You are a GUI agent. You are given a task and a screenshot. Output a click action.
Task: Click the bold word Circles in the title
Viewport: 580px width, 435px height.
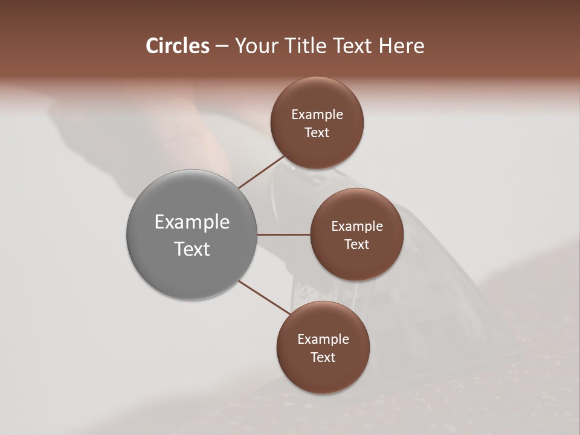click(178, 46)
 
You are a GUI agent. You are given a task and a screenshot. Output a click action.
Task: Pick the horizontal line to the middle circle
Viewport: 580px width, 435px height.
click(284, 234)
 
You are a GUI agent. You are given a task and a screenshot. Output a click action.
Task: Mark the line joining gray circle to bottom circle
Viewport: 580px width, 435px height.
click(264, 298)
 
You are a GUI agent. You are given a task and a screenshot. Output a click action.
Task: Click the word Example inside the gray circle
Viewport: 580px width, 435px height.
click(192, 222)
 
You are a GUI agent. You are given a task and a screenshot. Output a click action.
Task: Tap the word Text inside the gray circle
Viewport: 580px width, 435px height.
click(192, 249)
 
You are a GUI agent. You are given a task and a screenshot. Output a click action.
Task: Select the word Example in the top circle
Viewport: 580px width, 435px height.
click(317, 115)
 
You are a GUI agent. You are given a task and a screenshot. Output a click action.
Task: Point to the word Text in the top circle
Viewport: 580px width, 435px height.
click(317, 133)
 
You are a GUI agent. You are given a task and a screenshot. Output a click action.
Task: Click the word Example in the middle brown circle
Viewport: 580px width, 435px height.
click(356, 227)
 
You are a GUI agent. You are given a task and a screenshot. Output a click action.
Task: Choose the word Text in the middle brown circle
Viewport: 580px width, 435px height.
click(356, 245)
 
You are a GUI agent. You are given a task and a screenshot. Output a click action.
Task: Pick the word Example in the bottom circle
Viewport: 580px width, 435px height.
click(323, 340)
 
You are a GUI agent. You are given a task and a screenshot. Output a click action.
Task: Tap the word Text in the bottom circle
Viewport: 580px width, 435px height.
click(323, 358)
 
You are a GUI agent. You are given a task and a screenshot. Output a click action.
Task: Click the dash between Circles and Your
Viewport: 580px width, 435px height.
click(221, 46)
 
